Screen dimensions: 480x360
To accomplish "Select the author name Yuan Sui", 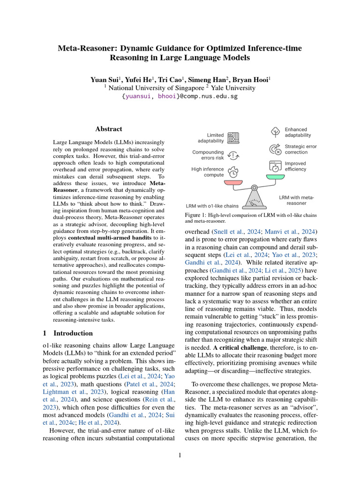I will (104, 80).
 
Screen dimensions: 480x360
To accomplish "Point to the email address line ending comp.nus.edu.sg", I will (180, 97).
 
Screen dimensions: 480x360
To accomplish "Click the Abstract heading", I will (109, 129).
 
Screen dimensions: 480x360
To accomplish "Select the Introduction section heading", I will (73, 333).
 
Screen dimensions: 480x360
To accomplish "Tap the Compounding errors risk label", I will (208, 155).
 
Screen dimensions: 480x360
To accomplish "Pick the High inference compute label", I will (208, 172).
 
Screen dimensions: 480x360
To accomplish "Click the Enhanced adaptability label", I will (296, 132).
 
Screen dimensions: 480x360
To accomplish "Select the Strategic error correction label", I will (300, 149).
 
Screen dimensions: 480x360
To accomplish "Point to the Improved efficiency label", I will (295, 166).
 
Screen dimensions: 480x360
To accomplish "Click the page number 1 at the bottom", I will (180, 454).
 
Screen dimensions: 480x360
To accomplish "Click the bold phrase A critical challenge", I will (238, 348).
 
